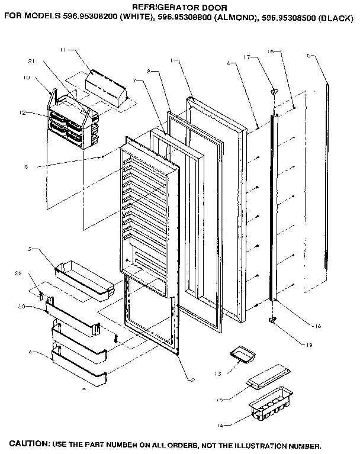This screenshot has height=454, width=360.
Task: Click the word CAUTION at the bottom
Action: tap(30, 444)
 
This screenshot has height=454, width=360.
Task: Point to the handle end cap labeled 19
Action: tap(273, 320)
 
